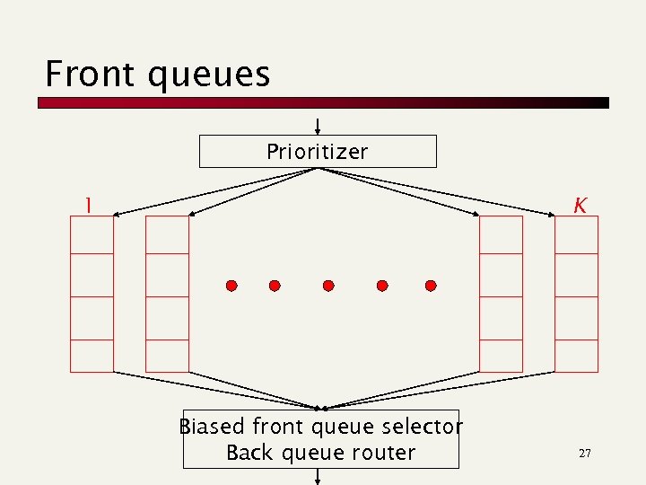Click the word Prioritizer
point(317,152)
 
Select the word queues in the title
point(209,75)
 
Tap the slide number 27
point(584,454)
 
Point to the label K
point(581,206)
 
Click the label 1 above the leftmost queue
point(87,206)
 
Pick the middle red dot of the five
point(328,286)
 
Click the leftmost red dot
point(231,286)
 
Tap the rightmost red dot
point(431,286)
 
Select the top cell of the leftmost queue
point(92,235)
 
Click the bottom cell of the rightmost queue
point(576,356)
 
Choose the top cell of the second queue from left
point(167,235)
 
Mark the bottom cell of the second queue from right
point(501,356)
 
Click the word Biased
point(213,426)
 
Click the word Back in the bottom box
point(249,453)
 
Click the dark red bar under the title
point(323,103)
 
